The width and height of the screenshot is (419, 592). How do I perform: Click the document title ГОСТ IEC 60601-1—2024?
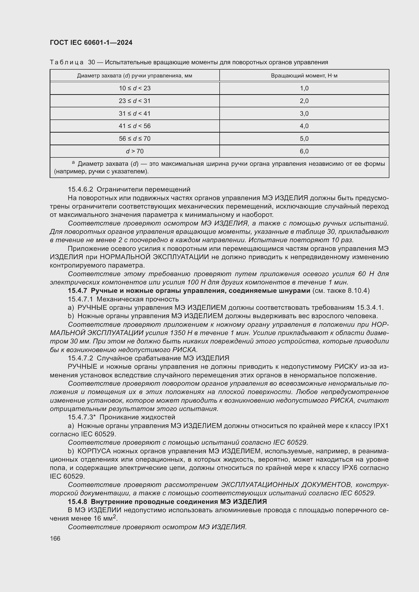point(91,43)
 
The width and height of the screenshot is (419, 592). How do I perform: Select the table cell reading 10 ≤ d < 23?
point(135,88)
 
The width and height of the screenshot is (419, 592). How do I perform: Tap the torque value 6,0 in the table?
point(304,151)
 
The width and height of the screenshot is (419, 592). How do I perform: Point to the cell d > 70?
point(135,151)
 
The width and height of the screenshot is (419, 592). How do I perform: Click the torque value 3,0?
point(304,113)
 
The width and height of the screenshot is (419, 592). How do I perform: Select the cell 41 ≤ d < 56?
point(135,126)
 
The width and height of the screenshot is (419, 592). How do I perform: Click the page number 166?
point(55,539)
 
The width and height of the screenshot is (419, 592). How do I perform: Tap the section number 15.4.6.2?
point(80,190)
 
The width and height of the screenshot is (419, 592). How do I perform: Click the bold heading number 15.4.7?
point(78,291)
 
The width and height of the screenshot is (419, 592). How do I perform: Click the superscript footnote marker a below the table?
point(73,162)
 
